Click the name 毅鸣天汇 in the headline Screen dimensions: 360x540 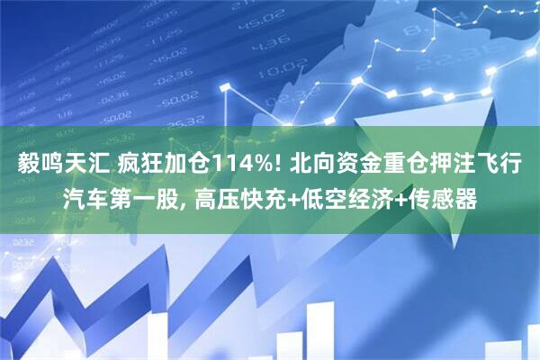pos(54,165)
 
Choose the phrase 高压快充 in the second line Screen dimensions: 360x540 pos(233,196)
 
